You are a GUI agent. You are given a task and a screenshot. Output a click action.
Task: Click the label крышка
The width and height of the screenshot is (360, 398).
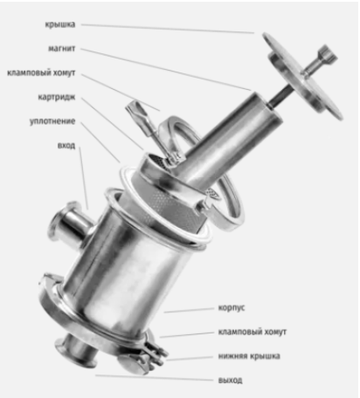[x=60, y=24]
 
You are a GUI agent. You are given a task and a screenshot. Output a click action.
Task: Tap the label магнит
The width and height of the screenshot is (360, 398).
[x=62, y=48]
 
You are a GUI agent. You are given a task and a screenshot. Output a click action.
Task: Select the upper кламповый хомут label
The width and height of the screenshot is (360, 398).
[x=41, y=72]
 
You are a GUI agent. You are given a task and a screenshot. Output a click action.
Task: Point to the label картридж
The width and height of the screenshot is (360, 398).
[x=57, y=97]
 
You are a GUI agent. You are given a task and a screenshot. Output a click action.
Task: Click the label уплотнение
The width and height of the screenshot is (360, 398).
[x=52, y=121]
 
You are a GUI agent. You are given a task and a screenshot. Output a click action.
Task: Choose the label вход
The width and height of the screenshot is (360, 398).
[x=66, y=145]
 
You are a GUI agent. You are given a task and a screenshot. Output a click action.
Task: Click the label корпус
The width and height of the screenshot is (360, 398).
[x=232, y=308]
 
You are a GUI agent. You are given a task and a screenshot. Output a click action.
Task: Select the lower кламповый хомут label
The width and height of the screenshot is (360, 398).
[x=253, y=332]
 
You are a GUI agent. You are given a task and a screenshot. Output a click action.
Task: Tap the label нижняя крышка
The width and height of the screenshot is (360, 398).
[x=249, y=356]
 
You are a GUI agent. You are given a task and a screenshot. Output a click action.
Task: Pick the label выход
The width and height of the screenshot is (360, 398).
[x=230, y=380]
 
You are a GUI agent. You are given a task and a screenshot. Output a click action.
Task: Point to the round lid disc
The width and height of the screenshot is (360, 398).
[x=303, y=77]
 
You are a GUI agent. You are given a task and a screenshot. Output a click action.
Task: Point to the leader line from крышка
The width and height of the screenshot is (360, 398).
[x=168, y=29]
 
